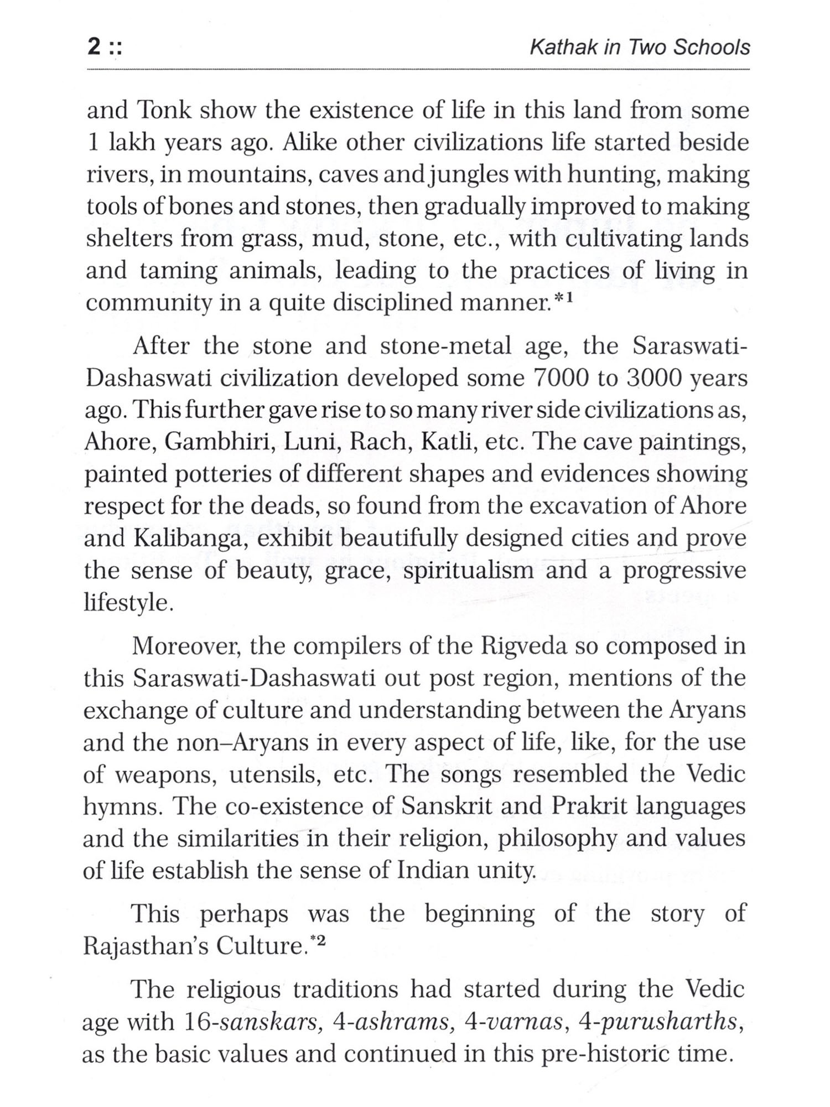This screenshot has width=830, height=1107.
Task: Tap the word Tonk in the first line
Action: pos(163,110)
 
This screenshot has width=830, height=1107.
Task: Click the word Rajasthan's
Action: pos(144,946)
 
